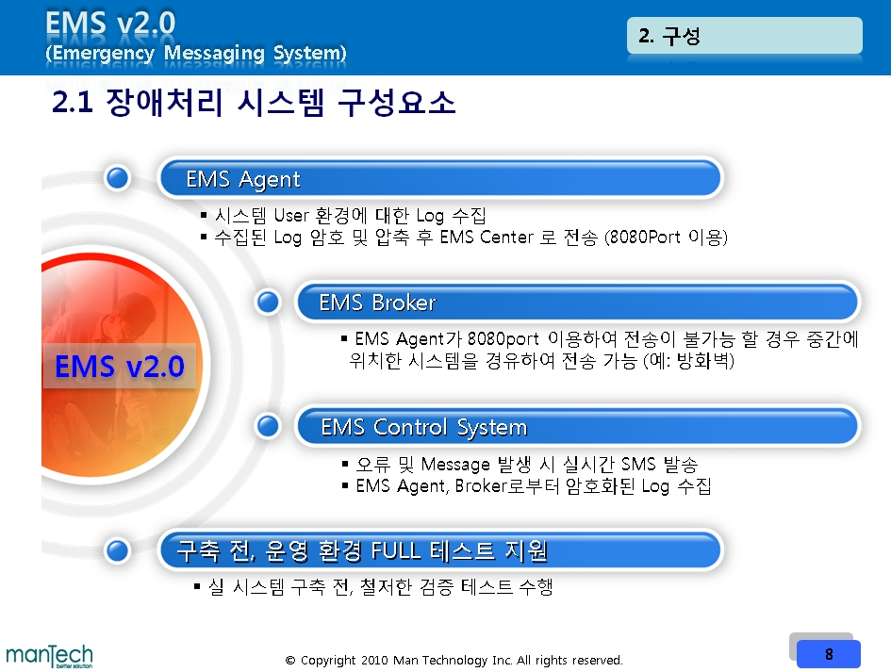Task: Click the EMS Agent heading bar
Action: [x=440, y=178]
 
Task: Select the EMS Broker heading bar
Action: [x=577, y=302]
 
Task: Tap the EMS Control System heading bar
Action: [x=577, y=426]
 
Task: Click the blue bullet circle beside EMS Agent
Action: [x=118, y=178]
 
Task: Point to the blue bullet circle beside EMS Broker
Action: [x=268, y=302]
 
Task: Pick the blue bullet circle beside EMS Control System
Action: [x=268, y=426]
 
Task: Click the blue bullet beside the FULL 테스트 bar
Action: [x=118, y=549]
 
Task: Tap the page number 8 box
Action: [x=829, y=654]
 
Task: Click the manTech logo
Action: [x=49, y=656]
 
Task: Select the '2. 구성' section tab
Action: [x=745, y=36]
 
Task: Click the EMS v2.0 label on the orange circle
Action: [x=120, y=366]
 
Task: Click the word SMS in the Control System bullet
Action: [x=638, y=464]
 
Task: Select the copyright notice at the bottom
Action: [x=454, y=660]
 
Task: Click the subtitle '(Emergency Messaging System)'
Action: [x=195, y=53]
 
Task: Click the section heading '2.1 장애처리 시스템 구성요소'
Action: [x=254, y=102]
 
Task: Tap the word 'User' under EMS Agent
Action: [x=291, y=215]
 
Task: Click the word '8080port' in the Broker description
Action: [x=503, y=339]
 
